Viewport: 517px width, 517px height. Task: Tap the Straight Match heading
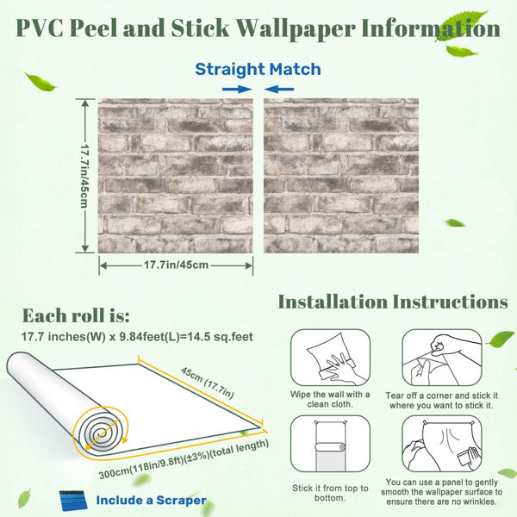coord(258,69)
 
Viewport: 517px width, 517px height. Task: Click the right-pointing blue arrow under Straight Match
coord(237,89)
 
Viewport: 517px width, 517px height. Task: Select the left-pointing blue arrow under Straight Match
coord(279,89)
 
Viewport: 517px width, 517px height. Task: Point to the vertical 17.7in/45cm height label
coord(84,176)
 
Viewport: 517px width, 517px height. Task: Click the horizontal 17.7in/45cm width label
coord(176,265)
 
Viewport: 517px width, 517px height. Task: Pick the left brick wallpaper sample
coord(176,176)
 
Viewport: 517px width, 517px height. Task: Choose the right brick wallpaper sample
coord(341,176)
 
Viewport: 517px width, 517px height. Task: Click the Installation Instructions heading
coord(393,302)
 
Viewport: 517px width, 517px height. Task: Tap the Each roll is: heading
coord(76,315)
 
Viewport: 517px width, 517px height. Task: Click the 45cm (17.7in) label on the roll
coord(208,383)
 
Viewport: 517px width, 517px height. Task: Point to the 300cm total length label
coord(184,459)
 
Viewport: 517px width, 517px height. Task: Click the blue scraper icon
coord(73,501)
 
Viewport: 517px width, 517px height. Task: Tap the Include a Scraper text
coord(152,500)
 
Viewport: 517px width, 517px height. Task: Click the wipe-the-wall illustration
coord(330,358)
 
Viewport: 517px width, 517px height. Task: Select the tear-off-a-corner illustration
coord(442,358)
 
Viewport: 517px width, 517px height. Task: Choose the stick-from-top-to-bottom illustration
coord(330,444)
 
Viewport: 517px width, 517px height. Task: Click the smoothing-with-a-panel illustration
coord(442,444)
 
